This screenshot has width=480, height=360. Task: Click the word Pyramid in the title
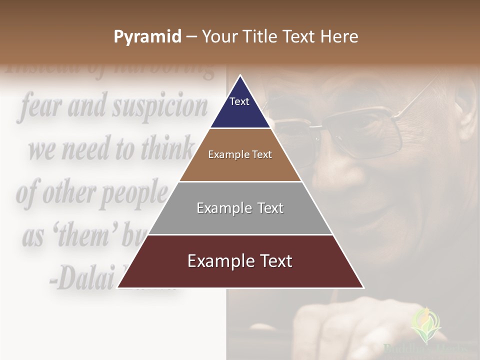tap(147, 37)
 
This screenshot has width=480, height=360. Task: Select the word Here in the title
tap(340, 36)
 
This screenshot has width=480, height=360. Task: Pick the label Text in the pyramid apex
tap(239, 101)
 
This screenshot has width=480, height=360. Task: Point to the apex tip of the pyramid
tap(240, 76)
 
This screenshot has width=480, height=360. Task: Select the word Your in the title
tap(220, 36)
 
